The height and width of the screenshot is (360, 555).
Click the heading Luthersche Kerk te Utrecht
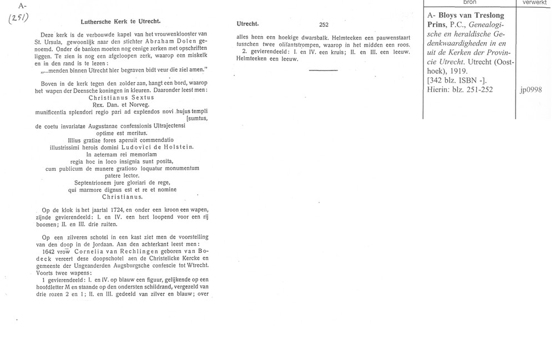[120, 23]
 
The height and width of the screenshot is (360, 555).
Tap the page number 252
[324, 24]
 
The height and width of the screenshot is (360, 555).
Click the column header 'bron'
[470, 3]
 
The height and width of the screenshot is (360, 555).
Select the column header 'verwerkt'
[535, 3]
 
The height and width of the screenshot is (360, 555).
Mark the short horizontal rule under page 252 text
[323, 70]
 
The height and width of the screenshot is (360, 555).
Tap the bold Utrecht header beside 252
[248, 24]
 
